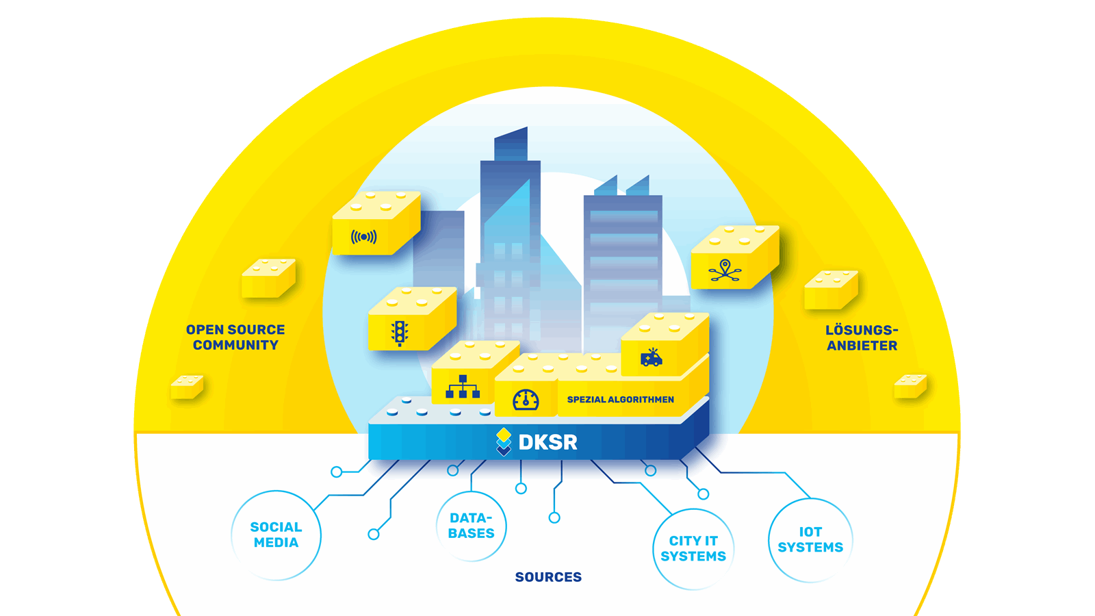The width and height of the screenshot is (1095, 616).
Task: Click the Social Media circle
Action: [x=276, y=535]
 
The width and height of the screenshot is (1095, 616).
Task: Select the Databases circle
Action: [x=472, y=526]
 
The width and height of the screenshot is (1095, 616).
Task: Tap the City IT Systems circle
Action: [x=693, y=549]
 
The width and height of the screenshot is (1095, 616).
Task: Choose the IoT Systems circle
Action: [x=810, y=540]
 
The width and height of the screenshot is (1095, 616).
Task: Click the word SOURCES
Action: [x=548, y=577]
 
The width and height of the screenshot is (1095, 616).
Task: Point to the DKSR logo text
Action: [x=547, y=443]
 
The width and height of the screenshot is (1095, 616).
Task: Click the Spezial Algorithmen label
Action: [x=620, y=400]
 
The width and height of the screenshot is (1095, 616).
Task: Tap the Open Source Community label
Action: [x=235, y=337]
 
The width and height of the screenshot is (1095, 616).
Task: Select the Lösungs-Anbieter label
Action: [x=862, y=338]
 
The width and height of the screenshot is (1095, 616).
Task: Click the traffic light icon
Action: [x=400, y=333]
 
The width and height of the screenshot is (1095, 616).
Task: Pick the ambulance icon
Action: [x=651, y=357]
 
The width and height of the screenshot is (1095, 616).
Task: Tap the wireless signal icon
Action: [x=363, y=237]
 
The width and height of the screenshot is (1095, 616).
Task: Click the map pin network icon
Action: [x=725, y=270]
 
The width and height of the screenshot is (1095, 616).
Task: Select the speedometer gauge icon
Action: [x=526, y=400]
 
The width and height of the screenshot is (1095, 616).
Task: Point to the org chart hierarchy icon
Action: [x=463, y=387]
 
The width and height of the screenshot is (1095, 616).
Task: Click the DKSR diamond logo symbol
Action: [x=504, y=441]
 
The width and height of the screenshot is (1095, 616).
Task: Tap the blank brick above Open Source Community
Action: [x=268, y=278]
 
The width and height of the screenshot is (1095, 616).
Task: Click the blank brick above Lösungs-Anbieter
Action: [x=831, y=290]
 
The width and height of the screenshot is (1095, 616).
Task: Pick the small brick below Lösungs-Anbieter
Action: [x=910, y=386]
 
